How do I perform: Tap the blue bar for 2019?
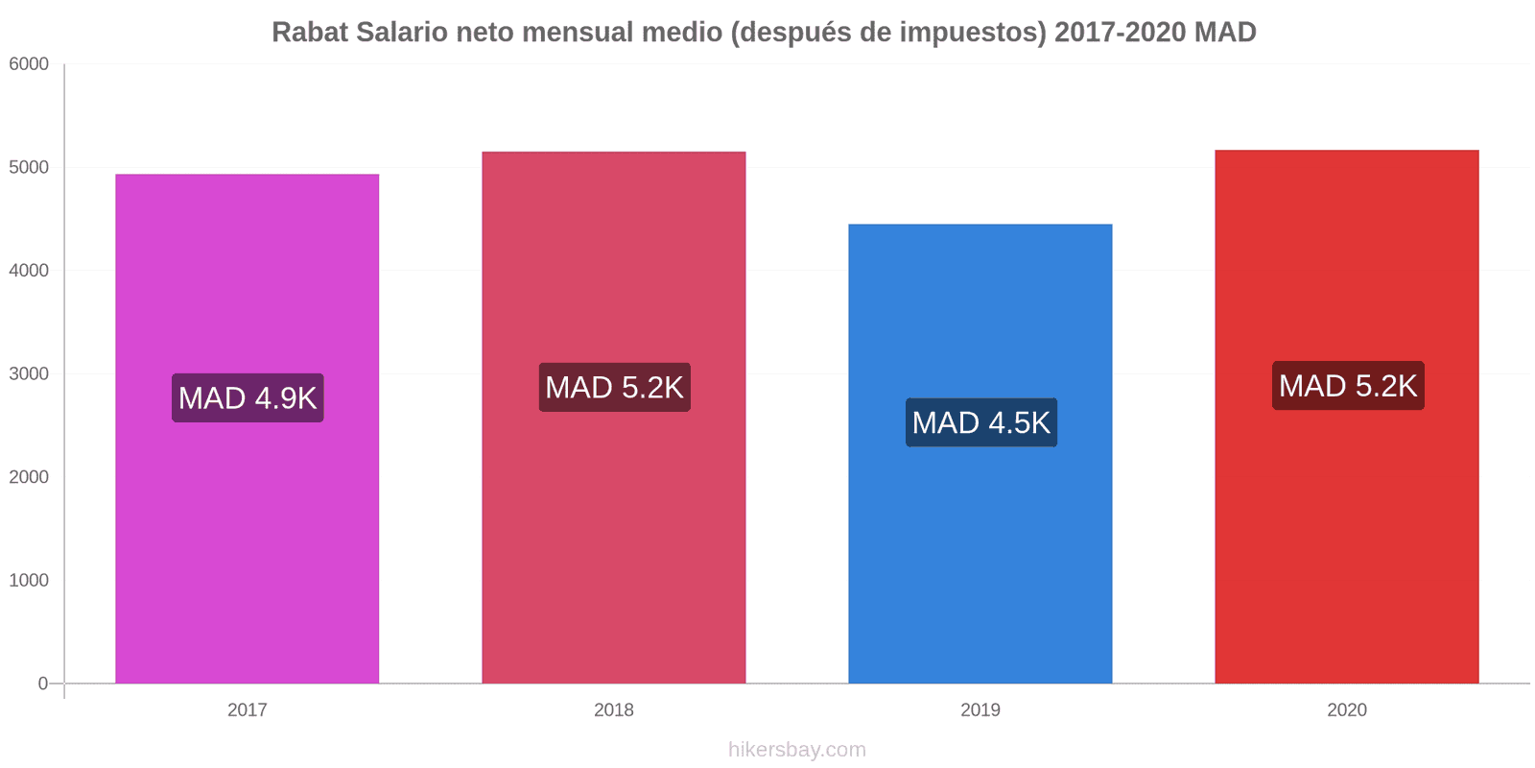point(980,557)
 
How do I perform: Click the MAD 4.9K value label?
point(248,397)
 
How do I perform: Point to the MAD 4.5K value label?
point(980,422)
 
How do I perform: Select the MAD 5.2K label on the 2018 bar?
point(614,387)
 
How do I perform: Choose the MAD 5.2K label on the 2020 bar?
point(1347,386)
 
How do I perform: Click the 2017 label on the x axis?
point(247,710)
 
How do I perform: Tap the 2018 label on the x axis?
point(613,710)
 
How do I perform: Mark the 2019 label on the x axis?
point(980,710)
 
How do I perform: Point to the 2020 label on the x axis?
point(1346,710)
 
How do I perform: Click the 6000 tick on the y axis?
point(29,64)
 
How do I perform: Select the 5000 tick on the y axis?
point(29,167)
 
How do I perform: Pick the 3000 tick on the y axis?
point(29,374)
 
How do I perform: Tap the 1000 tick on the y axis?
point(29,581)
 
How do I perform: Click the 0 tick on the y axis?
point(42,684)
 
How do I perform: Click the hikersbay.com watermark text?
point(796,750)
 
